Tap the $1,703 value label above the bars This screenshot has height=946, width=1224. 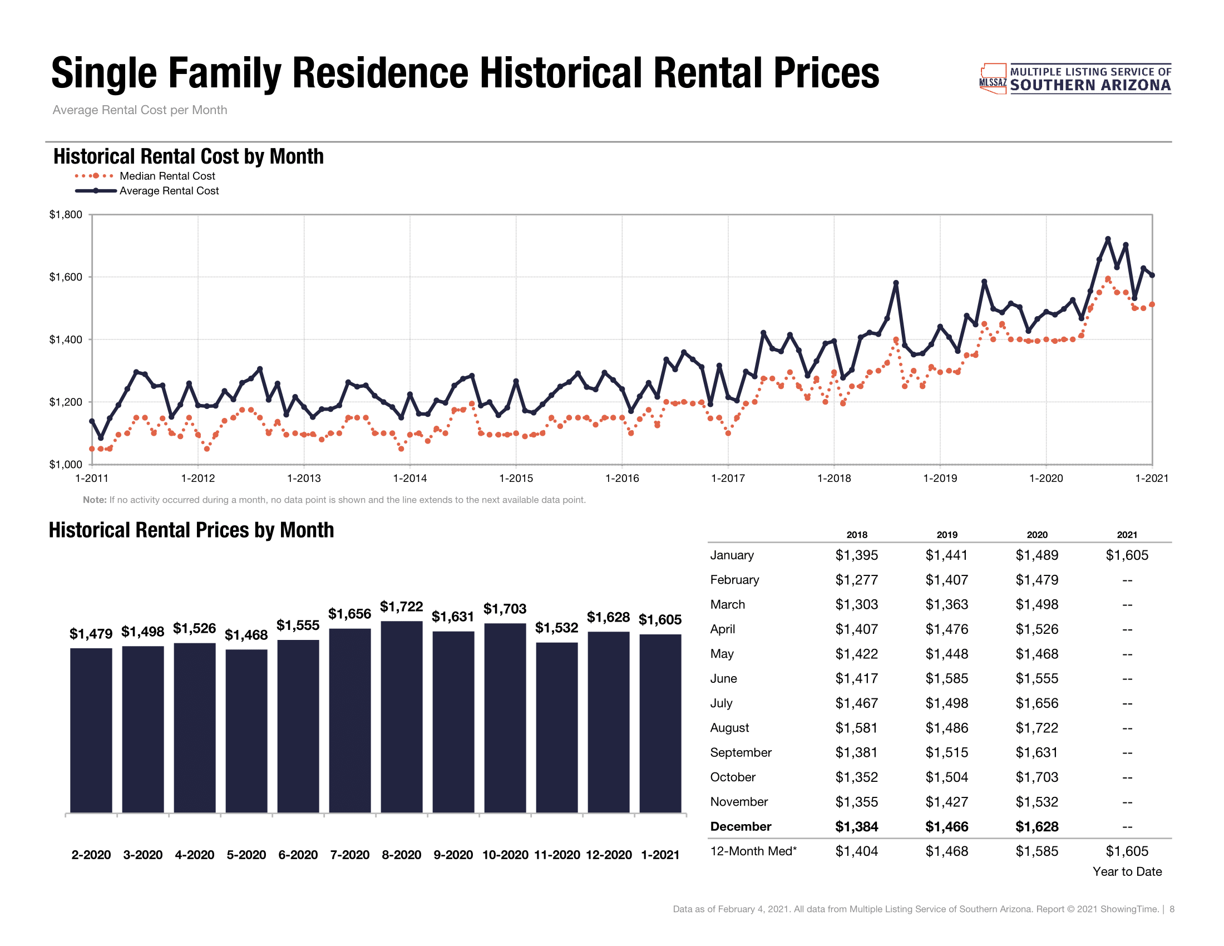[x=505, y=609]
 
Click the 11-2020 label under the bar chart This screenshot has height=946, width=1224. [x=556, y=855]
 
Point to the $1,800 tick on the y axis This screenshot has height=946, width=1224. [x=66, y=215]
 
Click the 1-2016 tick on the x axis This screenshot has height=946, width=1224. [x=622, y=478]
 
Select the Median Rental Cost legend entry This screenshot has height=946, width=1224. [x=167, y=176]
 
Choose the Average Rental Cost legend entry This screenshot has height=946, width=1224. [x=169, y=190]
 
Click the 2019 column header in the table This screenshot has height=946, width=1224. [x=946, y=535]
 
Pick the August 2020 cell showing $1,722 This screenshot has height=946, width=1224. [x=1037, y=727]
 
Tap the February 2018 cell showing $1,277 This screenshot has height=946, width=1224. [x=856, y=579]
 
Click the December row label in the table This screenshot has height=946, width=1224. [x=741, y=826]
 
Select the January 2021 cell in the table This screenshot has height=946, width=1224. [x=1127, y=555]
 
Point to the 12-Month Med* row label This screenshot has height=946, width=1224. [x=753, y=851]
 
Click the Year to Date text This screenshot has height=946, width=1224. [x=1127, y=871]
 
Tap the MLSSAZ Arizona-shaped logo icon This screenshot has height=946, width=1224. [x=993, y=78]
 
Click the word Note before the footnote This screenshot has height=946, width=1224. [x=94, y=500]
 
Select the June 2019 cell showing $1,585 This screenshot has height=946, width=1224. [x=946, y=678]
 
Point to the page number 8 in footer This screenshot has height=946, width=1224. [x=1171, y=909]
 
